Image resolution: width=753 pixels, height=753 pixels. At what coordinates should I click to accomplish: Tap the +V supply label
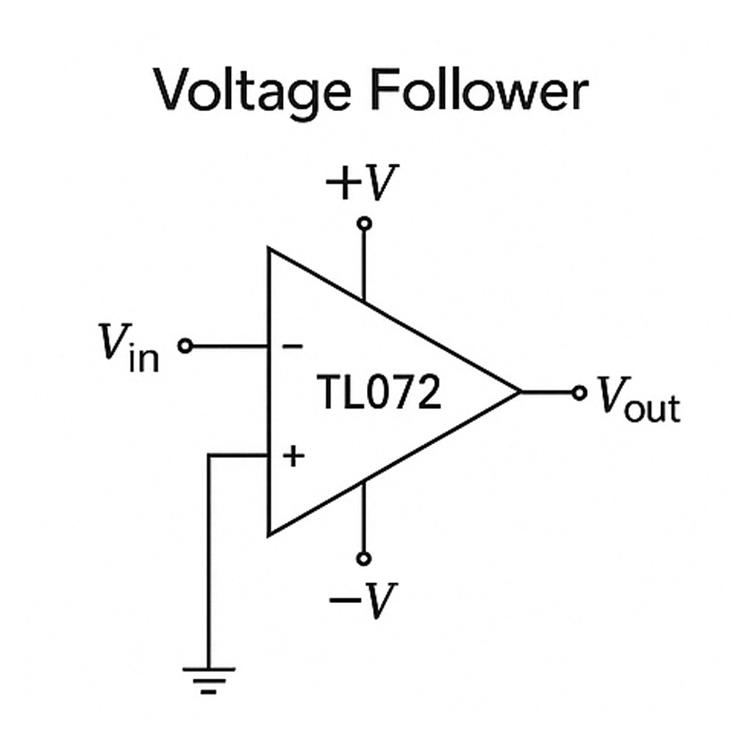pos(362,183)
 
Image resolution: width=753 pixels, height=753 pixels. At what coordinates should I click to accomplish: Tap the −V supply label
pos(363,601)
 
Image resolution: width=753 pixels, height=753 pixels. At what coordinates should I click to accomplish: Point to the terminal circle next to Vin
pos(185,346)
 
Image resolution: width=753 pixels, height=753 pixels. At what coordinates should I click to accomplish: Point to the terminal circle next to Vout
pos(579,392)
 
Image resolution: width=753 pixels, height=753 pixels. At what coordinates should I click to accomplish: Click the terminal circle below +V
pos(363,223)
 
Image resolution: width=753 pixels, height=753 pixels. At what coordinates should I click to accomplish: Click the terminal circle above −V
pos(363,558)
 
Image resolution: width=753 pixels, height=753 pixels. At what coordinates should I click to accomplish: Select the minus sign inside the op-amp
pos(292,346)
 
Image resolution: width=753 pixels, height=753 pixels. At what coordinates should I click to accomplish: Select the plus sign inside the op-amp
pos(293,457)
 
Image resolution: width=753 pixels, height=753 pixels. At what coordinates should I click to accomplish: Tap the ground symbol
pos(209,679)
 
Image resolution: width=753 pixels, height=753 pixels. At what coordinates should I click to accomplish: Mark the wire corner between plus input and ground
pos(210,456)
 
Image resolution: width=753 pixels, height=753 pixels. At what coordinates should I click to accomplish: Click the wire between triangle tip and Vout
pos(547,392)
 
